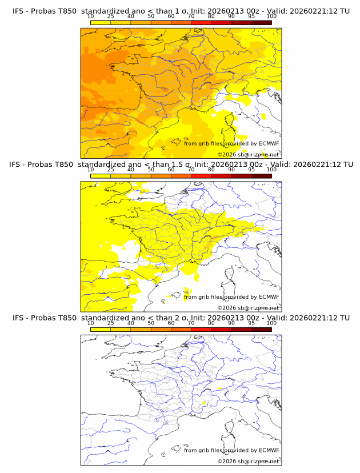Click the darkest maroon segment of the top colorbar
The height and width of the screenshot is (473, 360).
[261, 22]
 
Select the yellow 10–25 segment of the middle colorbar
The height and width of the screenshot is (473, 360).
[101, 176]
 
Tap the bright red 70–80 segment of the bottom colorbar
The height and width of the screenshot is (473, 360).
[201, 329]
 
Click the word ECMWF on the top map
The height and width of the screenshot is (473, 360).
[269, 143]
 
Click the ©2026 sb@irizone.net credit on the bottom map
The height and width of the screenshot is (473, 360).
[248, 461]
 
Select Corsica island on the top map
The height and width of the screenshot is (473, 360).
[230, 121]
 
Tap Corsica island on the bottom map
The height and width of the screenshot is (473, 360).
[230, 428]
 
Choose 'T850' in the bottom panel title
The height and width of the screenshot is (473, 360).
[65, 318]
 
